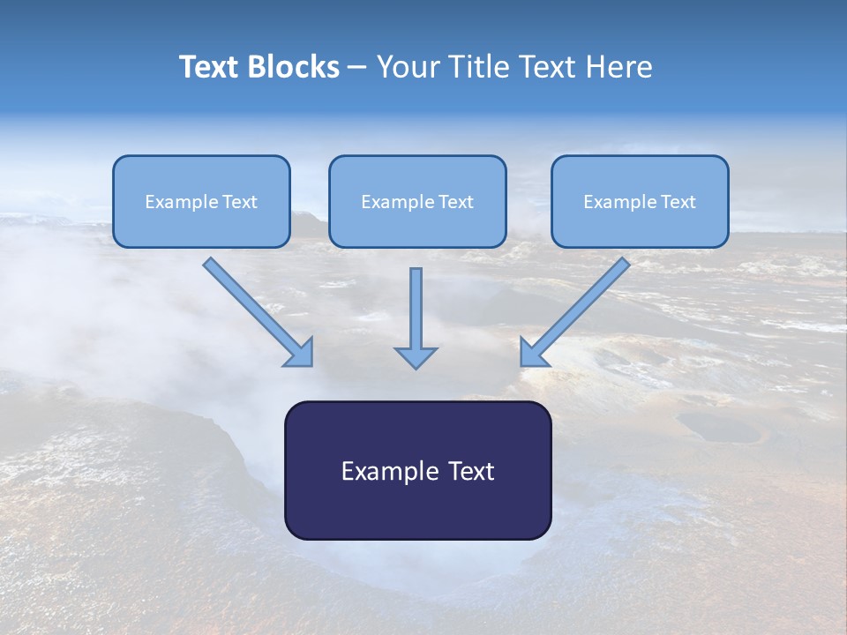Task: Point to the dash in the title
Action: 357,68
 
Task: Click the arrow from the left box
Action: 258,311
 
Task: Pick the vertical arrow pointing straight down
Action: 416,313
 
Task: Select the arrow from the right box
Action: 575,311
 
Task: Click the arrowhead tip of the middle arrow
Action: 416,365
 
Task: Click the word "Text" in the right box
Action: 678,202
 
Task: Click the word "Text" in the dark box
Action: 471,471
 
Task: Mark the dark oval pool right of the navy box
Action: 718,428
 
